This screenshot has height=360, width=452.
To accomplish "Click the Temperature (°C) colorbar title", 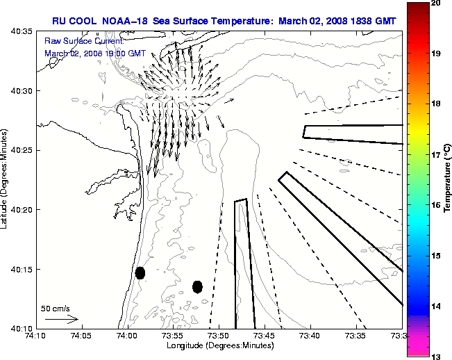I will point(448,179).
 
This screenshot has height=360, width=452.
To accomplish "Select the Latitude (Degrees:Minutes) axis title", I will point(6,179).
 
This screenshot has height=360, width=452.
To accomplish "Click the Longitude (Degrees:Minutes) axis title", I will point(219,345).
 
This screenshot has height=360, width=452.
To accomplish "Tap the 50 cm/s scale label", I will point(56,308).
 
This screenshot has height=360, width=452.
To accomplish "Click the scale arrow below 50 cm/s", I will point(61,319).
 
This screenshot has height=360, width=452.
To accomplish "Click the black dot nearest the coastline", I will point(140,272).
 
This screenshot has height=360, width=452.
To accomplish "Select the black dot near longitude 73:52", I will point(197,286).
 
